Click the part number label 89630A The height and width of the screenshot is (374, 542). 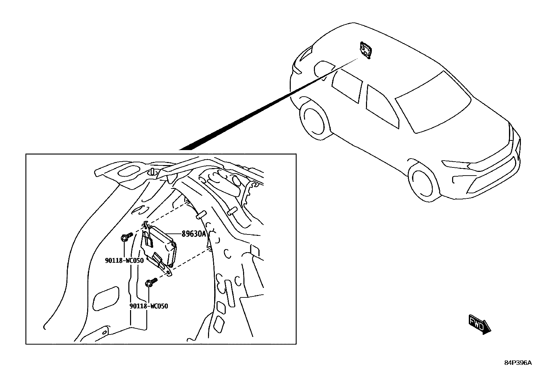pyautogui.click(x=194, y=234)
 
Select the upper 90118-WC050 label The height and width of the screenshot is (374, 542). pyautogui.click(x=124, y=260)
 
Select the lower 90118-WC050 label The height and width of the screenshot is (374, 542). pyautogui.click(x=148, y=306)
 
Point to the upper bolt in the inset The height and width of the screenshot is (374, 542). pyautogui.click(x=127, y=237)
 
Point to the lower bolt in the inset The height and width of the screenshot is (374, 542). pyautogui.click(x=151, y=282)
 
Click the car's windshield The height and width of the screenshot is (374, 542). pyautogui.click(x=433, y=102)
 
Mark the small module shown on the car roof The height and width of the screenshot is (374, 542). pyautogui.click(x=366, y=50)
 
